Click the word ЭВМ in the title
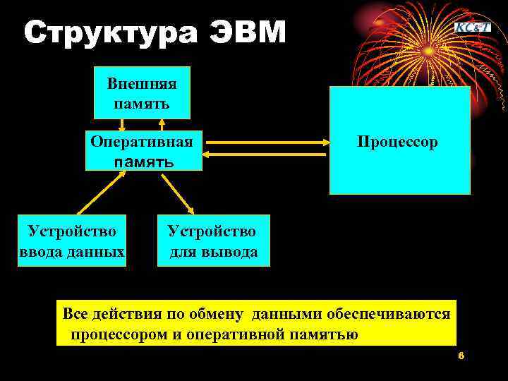coord(249,32)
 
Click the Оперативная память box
coord(143,150)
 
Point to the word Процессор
coord(397,142)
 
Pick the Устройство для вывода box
coord(213,241)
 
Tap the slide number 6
coord(461,356)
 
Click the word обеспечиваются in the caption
coord(396,313)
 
